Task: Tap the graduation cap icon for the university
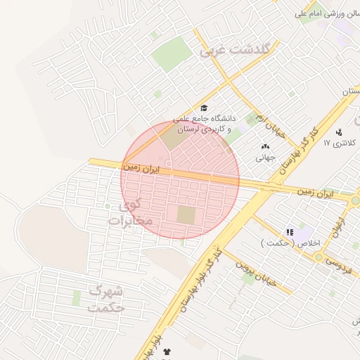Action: tap(204, 108)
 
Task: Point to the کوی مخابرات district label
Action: tap(130, 214)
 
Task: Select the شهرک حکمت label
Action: tap(107, 299)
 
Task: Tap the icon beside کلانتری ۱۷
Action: tap(340, 131)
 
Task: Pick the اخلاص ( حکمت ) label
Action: tap(290, 243)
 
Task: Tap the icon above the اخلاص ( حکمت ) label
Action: tap(289, 231)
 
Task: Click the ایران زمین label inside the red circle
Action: tap(141, 169)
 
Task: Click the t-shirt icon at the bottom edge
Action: tap(167, 351)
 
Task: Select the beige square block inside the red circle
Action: tap(186, 215)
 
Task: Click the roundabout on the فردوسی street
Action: tap(319, 257)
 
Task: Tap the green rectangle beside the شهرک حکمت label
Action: tap(76, 298)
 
